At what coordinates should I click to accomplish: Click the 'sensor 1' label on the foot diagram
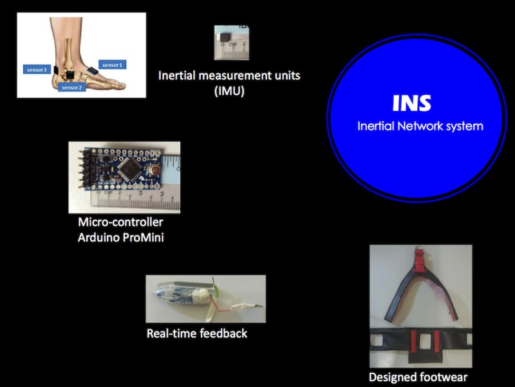coord(112,64)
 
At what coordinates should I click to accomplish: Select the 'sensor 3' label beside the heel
coord(35,69)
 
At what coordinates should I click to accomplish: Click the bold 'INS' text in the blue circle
coord(412,104)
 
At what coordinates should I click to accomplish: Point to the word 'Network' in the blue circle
coord(420,126)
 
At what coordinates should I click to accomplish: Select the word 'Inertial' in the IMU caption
coord(178,75)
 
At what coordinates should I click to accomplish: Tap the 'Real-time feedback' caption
coord(197,333)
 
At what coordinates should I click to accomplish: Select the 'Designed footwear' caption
coord(418,377)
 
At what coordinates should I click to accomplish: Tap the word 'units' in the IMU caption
coord(285,75)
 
